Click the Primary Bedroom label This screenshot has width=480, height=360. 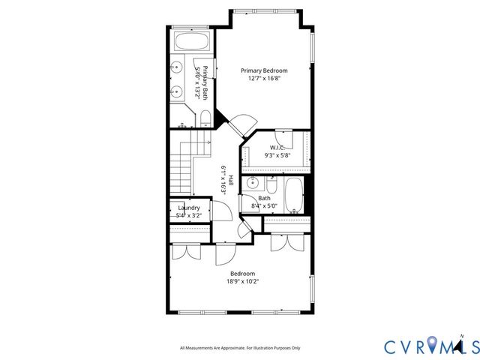coord(264,70)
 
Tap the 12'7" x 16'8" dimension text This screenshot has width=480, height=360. coord(264,79)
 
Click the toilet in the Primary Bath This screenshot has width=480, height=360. coord(205,118)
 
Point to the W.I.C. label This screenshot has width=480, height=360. coord(277,148)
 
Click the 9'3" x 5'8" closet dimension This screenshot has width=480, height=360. coord(277,156)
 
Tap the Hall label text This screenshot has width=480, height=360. coord(231,181)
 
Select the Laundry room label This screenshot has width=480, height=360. coord(188,208)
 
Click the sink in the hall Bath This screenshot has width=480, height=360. coord(253,182)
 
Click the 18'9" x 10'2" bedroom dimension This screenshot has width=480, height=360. coord(242,282)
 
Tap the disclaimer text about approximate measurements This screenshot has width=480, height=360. coord(240,348)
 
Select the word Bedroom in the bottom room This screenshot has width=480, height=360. coord(242,273)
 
